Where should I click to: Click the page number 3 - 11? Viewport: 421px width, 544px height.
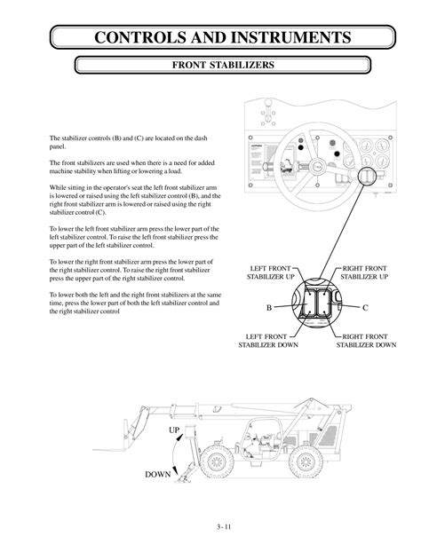point(210,524)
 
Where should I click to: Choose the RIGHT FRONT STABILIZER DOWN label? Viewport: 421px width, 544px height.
point(366,342)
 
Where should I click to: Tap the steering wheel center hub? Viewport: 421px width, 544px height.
point(318,166)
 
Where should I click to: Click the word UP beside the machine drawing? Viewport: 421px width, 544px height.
point(175,430)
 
